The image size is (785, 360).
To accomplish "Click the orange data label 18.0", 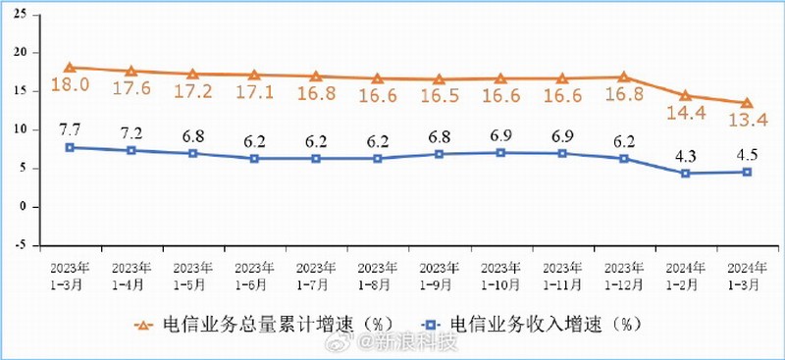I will point(71,85).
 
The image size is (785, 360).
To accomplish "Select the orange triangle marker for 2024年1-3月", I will point(747,103).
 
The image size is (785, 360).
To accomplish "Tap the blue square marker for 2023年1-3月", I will point(70,147).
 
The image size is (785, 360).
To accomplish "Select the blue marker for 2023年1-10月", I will point(500,152).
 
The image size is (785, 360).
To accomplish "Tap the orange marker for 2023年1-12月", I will point(623,77).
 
